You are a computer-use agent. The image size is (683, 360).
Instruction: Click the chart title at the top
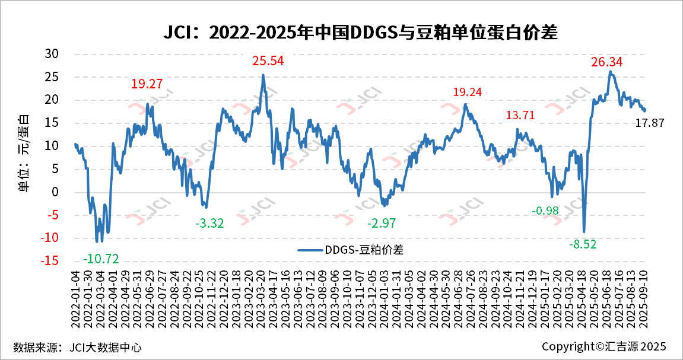point(361,33)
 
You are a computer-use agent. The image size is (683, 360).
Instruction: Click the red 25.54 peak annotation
point(268,60)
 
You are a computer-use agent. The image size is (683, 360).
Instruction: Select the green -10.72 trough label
point(101,259)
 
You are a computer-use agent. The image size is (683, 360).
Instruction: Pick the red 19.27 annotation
point(147,84)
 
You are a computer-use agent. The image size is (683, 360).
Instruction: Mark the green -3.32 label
point(210,224)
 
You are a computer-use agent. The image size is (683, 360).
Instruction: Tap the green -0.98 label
point(545,211)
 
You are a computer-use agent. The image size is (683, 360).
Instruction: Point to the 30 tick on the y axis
point(52,53)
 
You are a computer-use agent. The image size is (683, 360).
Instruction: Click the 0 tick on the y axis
point(55,192)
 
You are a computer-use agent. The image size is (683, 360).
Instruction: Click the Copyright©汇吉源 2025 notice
point(604,346)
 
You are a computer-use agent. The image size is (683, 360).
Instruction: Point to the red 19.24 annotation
point(468,92)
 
